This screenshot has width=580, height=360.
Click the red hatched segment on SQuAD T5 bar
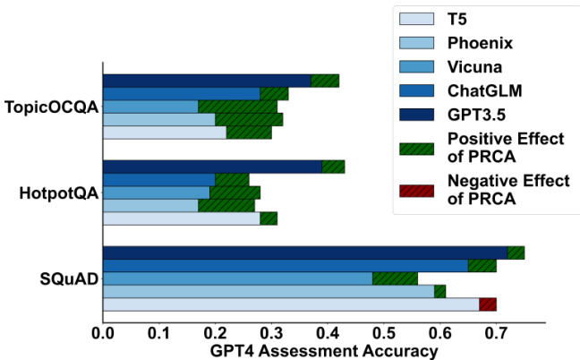(488, 304)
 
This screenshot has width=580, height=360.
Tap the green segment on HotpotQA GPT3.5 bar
(333, 167)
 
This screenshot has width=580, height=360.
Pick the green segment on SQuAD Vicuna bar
(395, 279)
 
